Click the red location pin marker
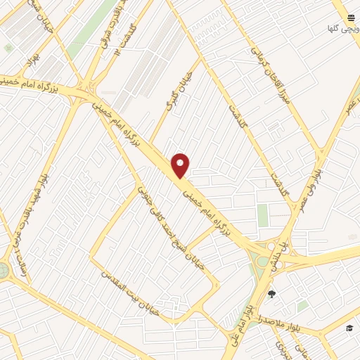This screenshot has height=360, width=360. pyautogui.click(x=181, y=165)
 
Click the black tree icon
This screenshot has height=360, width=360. pyautogui.click(x=272, y=294)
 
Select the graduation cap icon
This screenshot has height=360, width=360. pyautogui.click(x=349, y=328)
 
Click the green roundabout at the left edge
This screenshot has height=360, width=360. pyautogui.click(x=4, y=270)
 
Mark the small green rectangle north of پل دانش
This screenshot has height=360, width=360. pyautogui.click(x=263, y=215)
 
